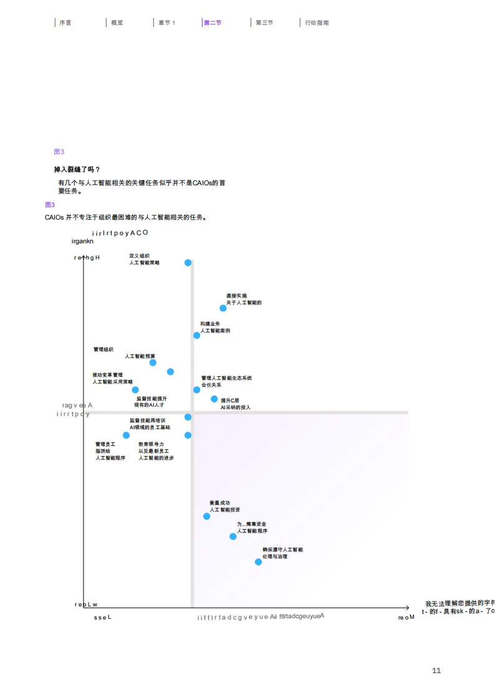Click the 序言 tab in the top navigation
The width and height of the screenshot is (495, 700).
click(65, 22)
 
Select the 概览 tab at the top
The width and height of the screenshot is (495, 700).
click(117, 22)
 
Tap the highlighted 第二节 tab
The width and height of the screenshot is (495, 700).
click(212, 22)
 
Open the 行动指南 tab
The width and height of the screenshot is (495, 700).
click(317, 22)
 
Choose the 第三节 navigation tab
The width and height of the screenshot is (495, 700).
click(264, 22)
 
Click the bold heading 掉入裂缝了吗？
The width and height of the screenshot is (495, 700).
click(77, 169)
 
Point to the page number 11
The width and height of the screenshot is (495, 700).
click(436, 671)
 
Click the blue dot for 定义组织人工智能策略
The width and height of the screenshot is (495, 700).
click(188, 263)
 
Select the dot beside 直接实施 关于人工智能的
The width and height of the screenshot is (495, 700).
click(223, 308)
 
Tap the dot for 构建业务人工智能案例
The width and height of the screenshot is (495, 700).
click(197, 335)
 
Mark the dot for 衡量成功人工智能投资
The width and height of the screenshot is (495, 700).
click(207, 516)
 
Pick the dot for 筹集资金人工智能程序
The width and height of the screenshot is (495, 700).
click(233, 536)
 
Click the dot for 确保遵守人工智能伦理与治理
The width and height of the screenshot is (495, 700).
click(259, 561)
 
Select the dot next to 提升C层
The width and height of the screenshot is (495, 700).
click(214, 399)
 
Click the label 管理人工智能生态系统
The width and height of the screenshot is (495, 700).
click(226, 378)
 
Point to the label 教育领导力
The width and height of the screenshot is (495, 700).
click(151, 444)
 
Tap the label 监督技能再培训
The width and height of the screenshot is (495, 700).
click(147, 420)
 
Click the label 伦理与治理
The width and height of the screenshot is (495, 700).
click(275, 556)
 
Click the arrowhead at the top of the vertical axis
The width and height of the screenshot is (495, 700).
click(84, 258)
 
